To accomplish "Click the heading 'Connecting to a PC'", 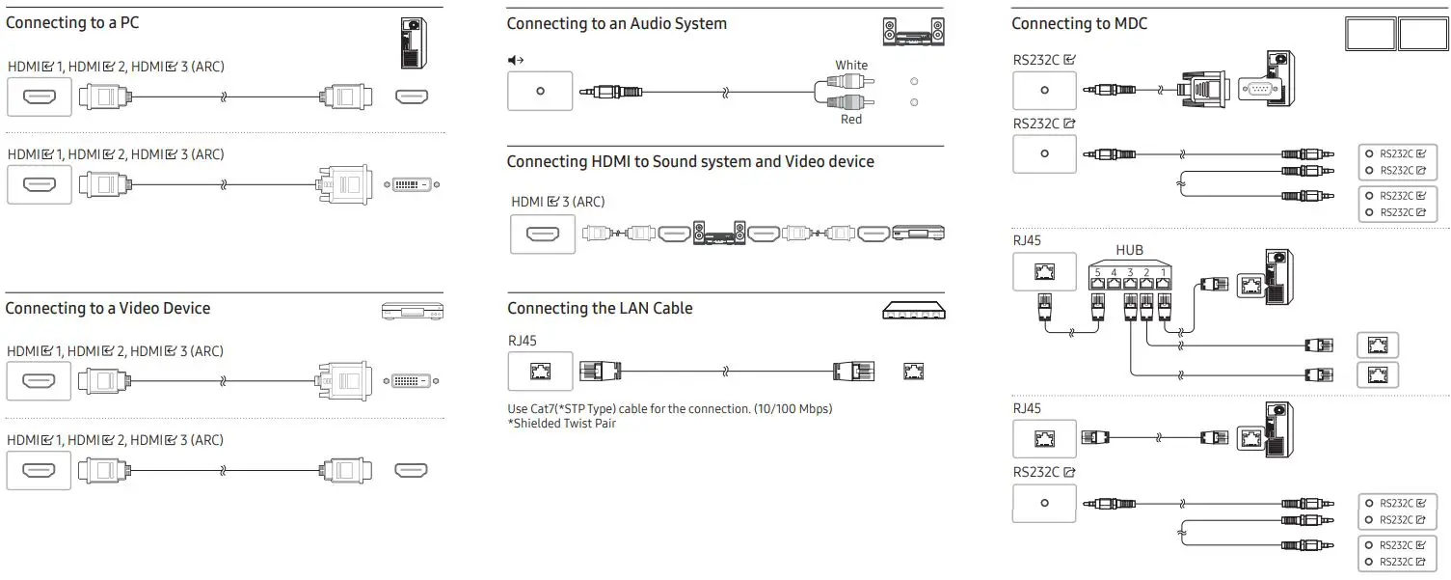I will [x=72, y=22].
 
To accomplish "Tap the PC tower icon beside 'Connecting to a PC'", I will [x=414, y=42].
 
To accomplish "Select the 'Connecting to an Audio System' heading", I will [x=616, y=23].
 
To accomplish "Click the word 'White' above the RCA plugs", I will [x=851, y=66].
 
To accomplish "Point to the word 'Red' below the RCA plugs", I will [x=850, y=120].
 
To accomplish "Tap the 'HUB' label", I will [x=1129, y=250].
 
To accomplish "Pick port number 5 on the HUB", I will [x=1098, y=273].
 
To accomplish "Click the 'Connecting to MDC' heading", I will [x=1079, y=23].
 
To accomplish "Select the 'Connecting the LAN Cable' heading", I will [x=600, y=309].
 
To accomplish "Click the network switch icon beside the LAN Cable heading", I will [x=913, y=311].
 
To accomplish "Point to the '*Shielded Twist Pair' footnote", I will [x=561, y=424].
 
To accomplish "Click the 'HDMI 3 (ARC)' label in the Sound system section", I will [x=557, y=202].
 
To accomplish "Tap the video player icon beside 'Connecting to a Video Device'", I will [x=412, y=311].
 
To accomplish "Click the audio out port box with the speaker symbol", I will [x=540, y=91].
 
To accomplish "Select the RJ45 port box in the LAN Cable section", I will [x=540, y=372].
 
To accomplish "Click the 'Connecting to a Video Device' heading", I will [x=107, y=309].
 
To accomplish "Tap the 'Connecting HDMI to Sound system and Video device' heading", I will [x=690, y=161].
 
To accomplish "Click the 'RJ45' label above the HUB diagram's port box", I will [x=1027, y=240].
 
